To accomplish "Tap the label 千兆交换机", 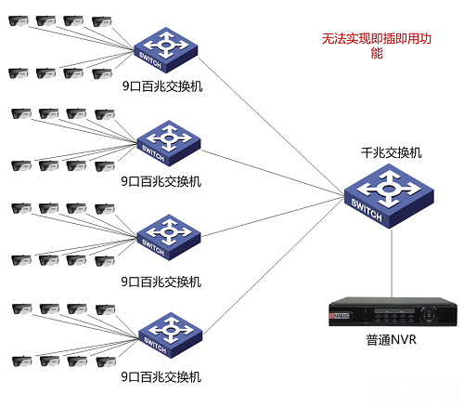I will coord(391,151).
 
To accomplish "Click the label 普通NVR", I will coord(391,340).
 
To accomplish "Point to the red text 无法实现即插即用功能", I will coord(376,46).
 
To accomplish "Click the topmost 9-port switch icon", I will coord(162,50).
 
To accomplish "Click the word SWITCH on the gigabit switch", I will coord(367,214).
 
